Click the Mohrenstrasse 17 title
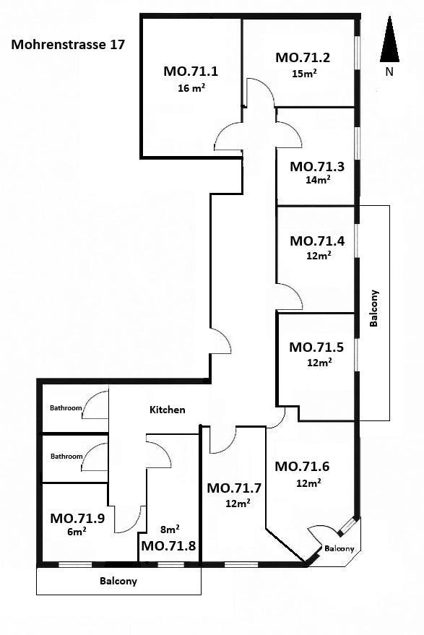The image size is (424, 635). click(x=68, y=45)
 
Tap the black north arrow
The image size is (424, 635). click(x=389, y=39)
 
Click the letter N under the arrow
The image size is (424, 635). click(x=389, y=72)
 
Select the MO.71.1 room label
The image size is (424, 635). click(x=191, y=72)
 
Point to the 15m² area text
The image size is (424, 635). click(x=304, y=74)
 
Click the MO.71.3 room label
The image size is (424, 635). click(x=317, y=166)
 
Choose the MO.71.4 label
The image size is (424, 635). click(x=317, y=241)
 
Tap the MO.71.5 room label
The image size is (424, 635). click(x=316, y=347)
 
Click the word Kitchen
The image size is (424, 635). click(x=168, y=410)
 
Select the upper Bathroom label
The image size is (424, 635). click(x=66, y=408)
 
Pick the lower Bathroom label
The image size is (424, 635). click(x=66, y=456)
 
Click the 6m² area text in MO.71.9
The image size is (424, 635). click(x=77, y=531)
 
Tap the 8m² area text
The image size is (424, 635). click(x=170, y=529)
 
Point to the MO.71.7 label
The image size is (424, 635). click(x=234, y=488)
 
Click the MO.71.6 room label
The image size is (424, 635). click(x=302, y=467)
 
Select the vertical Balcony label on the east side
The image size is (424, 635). click(x=373, y=308)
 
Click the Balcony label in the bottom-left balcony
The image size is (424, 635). click(x=118, y=581)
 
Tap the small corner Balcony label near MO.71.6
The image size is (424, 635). click(x=339, y=548)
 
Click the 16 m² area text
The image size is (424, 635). click(x=191, y=88)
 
